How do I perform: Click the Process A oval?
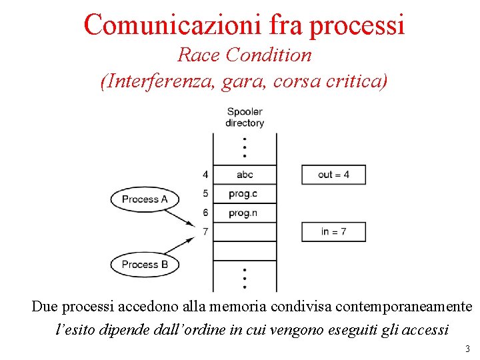coord(140,199)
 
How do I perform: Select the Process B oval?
coord(140,265)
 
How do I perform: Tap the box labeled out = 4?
coord(333,175)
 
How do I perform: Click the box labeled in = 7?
coord(333,231)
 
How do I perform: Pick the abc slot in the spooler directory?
coord(245,175)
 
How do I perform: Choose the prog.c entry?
coord(245,194)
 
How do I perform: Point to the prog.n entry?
coord(245,213)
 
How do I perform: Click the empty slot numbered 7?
coord(245,232)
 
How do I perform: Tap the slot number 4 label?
coord(205,175)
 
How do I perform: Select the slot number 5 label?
coord(205,194)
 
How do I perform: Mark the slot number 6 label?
coord(205,213)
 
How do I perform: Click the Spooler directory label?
coord(245,117)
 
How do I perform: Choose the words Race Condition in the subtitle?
coord(244,55)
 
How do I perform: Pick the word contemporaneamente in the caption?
coord(403,307)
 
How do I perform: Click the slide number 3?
coord(467,349)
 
